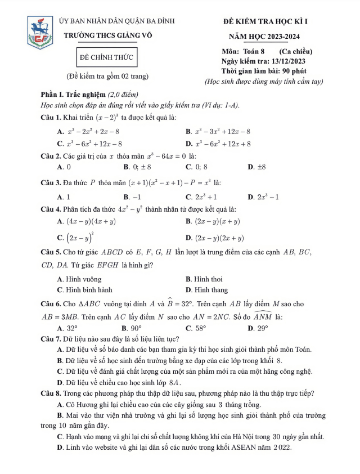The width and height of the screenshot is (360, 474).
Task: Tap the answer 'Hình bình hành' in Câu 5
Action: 85,290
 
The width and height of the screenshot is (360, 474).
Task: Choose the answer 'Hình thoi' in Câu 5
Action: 208,279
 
